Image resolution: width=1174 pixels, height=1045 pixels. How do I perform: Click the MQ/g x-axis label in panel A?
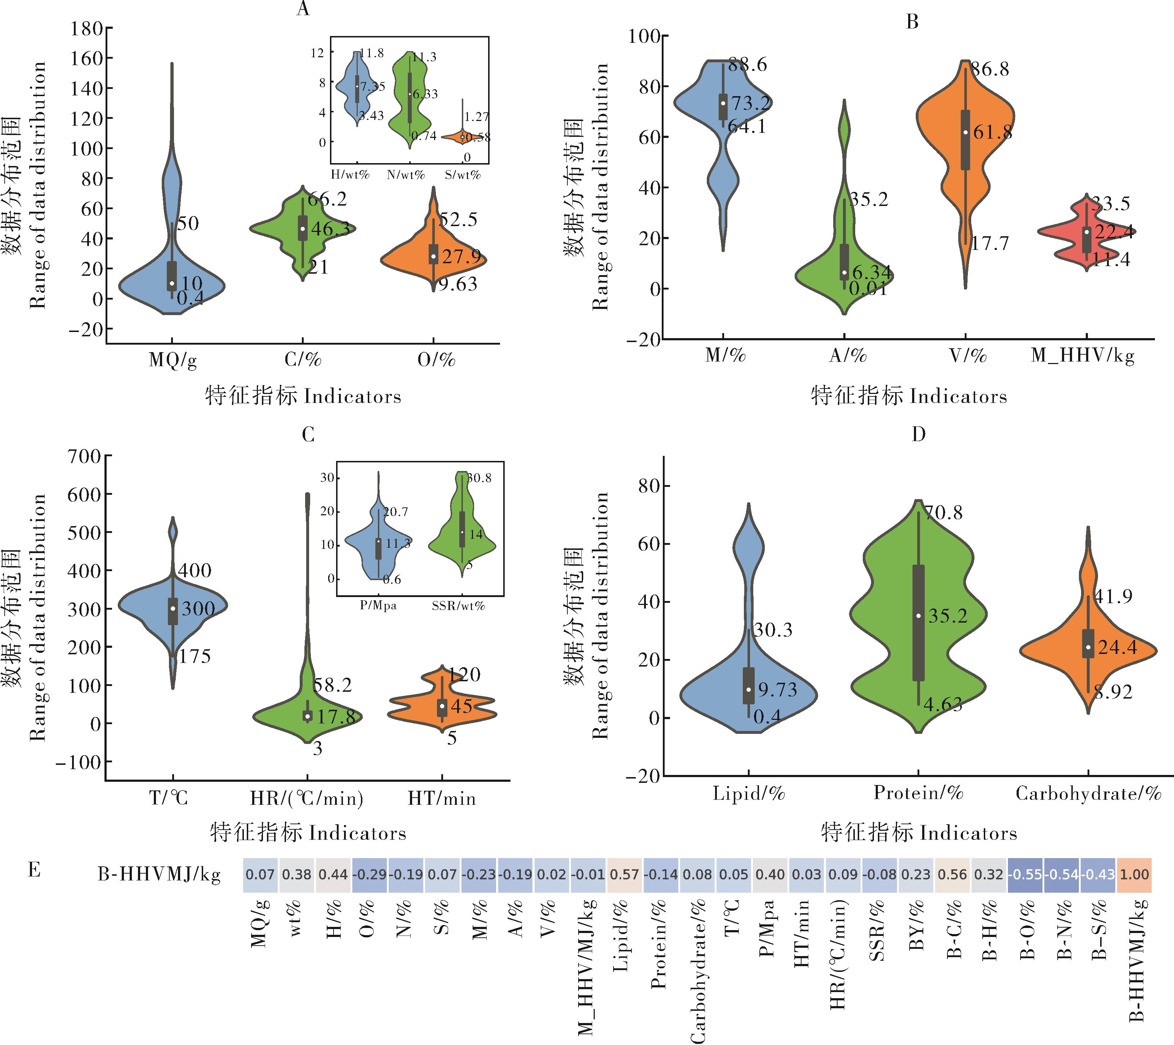[x=172, y=360]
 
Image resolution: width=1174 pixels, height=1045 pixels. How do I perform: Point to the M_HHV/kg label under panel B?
[x=1083, y=356]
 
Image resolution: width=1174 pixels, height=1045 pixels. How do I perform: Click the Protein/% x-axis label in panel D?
[x=918, y=793]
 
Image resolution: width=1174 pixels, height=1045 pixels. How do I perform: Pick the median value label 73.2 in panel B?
[x=750, y=103]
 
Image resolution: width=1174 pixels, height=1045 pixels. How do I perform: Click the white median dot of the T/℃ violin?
[x=173, y=608]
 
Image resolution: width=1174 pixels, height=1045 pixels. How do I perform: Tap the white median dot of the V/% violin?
[x=965, y=132]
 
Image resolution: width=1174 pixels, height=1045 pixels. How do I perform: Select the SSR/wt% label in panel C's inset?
[x=458, y=606]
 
